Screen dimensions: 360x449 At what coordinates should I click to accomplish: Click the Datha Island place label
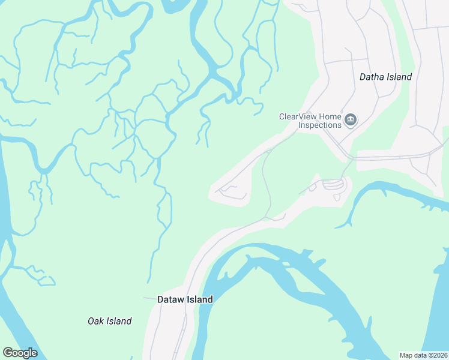click(385, 77)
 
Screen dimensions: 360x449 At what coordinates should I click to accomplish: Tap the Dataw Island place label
click(185, 299)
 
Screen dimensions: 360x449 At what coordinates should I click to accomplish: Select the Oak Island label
click(109, 321)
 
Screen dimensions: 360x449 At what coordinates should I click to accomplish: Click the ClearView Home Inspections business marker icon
click(351, 121)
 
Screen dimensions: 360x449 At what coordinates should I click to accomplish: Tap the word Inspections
click(320, 125)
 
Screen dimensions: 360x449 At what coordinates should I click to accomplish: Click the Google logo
click(20, 353)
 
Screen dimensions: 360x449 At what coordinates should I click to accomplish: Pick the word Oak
click(95, 321)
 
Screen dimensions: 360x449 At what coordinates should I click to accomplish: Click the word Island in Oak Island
click(118, 321)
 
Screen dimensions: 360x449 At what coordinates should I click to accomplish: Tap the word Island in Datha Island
click(399, 77)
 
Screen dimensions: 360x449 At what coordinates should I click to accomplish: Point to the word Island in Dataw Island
click(199, 299)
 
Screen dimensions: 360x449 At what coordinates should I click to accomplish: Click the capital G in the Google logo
click(8, 353)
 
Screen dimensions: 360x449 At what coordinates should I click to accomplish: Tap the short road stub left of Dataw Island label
click(148, 298)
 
